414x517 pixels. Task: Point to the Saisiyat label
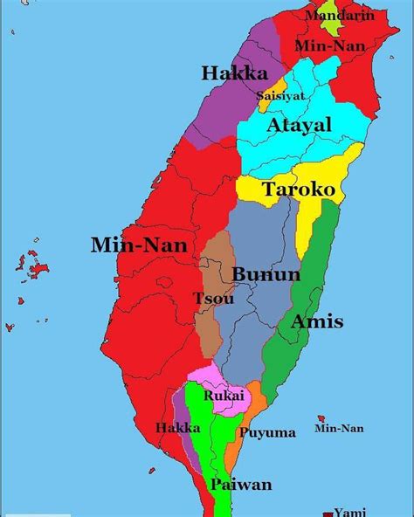[x=280, y=96]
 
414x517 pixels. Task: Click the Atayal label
[x=299, y=126]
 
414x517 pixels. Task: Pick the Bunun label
[x=266, y=275]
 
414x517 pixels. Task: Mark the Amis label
[x=316, y=322]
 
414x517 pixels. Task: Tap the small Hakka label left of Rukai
[x=177, y=428]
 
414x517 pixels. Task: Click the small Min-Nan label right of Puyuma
[x=338, y=429]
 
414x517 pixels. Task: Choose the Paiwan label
[x=240, y=485]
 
